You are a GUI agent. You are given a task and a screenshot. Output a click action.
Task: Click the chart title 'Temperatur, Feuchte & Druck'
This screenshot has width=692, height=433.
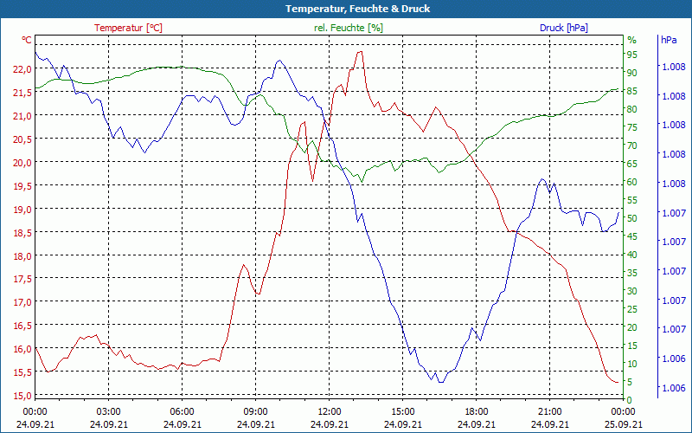346,9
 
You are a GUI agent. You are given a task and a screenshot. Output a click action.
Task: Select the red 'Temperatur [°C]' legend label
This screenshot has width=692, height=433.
128,28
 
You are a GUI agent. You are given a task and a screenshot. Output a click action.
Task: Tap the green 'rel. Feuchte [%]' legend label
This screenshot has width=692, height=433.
349,28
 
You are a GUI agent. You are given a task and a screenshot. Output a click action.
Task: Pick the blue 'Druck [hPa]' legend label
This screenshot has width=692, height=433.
564,28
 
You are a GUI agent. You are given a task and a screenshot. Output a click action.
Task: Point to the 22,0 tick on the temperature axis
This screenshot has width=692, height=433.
22,68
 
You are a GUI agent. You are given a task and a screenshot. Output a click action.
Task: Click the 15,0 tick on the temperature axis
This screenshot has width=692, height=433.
22,396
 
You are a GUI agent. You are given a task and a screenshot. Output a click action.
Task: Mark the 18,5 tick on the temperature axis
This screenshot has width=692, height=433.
22,233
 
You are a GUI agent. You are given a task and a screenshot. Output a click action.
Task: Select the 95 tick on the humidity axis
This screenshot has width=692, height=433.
631,55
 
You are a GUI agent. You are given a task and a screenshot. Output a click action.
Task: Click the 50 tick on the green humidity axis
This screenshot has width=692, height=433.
631,218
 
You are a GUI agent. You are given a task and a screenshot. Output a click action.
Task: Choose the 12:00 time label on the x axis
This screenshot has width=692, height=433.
329,411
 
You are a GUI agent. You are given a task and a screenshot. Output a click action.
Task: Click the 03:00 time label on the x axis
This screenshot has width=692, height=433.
108,411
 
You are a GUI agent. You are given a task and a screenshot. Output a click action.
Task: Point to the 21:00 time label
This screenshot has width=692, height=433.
549,411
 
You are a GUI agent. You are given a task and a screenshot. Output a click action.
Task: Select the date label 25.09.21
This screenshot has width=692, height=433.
623,424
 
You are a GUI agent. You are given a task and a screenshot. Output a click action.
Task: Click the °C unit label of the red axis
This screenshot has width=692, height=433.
27,40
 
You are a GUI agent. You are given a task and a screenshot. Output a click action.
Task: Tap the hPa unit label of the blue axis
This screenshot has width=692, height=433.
669,40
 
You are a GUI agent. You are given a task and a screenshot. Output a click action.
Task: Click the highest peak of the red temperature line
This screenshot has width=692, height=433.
359,52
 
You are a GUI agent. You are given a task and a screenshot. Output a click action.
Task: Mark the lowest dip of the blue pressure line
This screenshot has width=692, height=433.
440,382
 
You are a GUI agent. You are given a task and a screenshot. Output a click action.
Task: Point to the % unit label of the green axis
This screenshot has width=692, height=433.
631,40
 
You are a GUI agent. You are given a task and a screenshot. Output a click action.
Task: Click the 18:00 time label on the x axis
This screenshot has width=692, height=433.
476,411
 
